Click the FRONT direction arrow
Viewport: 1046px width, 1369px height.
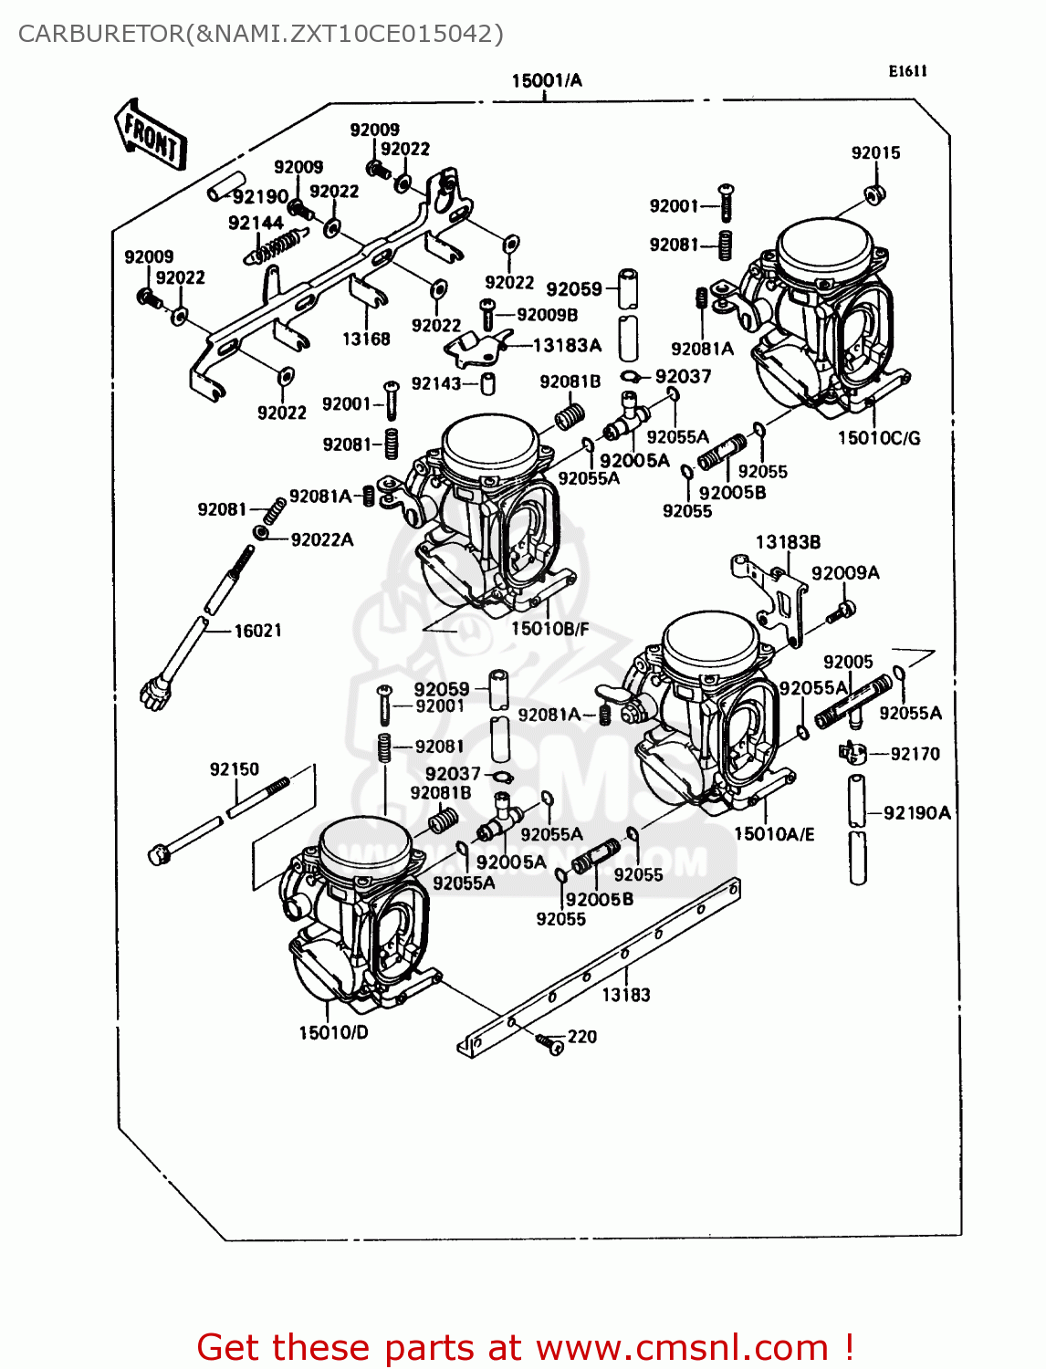click(x=151, y=135)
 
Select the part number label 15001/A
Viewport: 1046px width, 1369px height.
click(x=546, y=80)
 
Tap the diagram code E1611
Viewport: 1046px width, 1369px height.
click(x=907, y=71)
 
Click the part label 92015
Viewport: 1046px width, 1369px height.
click(x=875, y=152)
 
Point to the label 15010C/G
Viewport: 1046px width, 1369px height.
click(x=879, y=438)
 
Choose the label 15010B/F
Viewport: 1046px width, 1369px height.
click(x=549, y=629)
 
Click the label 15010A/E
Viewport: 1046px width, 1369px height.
click(x=774, y=833)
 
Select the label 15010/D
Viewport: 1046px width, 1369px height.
click(x=333, y=1032)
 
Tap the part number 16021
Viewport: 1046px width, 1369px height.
click(x=257, y=631)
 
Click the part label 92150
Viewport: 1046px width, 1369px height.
click(x=235, y=769)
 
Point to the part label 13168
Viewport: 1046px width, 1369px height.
click(x=366, y=339)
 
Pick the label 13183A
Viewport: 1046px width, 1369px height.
click(x=567, y=345)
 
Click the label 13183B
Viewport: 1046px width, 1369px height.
click(x=788, y=542)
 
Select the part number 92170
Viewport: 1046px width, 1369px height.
click(x=915, y=754)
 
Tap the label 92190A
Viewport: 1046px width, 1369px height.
click(x=916, y=812)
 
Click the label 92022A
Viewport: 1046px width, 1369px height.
click(x=321, y=539)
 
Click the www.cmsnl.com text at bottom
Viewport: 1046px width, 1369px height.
click(x=681, y=1347)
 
